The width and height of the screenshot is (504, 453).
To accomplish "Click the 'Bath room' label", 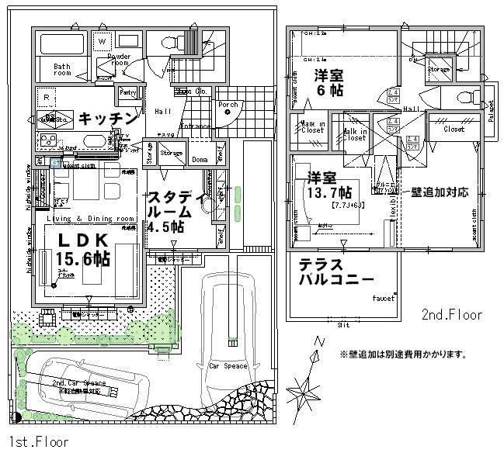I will point(62,71).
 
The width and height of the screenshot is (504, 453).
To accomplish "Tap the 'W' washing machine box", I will point(102,41).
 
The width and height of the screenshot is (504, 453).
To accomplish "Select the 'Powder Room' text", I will point(118,61).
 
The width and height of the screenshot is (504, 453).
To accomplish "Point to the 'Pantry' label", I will point(127,92).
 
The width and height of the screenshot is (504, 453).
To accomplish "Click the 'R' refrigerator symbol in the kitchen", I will point(47,98).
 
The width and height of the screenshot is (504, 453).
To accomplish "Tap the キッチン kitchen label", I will point(109,119).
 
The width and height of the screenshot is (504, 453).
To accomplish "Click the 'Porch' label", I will point(228,104).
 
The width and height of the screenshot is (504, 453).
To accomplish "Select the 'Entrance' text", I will point(195,126).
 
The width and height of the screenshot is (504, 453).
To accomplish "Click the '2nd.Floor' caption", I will point(452,315).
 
